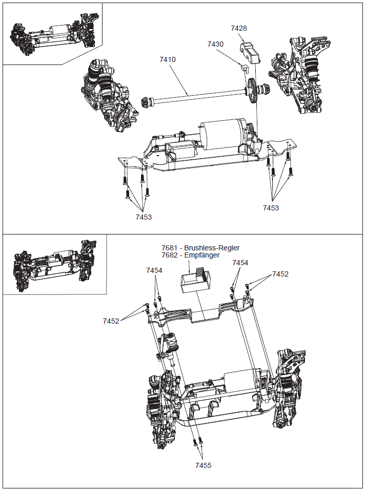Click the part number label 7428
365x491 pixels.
pyautogui.click(x=239, y=29)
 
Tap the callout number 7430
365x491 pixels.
pyautogui.click(x=215, y=45)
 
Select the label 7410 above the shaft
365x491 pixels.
pyautogui.click(x=168, y=59)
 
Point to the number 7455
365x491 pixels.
pyautogui.click(x=203, y=465)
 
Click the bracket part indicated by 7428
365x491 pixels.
pyautogui.click(x=250, y=53)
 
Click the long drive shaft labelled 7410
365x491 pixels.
pyautogui.click(x=195, y=95)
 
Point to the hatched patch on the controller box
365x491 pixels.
pyautogui.click(x=204, y=275)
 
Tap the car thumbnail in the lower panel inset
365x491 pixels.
pyautogui.click(x=54, y=265)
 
